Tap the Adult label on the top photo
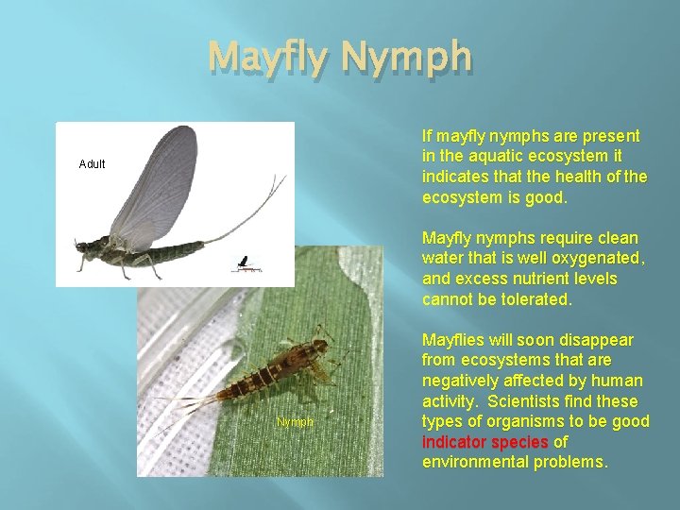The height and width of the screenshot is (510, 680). (93, 164)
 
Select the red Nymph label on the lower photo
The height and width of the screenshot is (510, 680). (295, 422)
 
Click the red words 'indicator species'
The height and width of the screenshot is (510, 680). (485, 442)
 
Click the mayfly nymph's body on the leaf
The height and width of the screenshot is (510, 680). (274, 368)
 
